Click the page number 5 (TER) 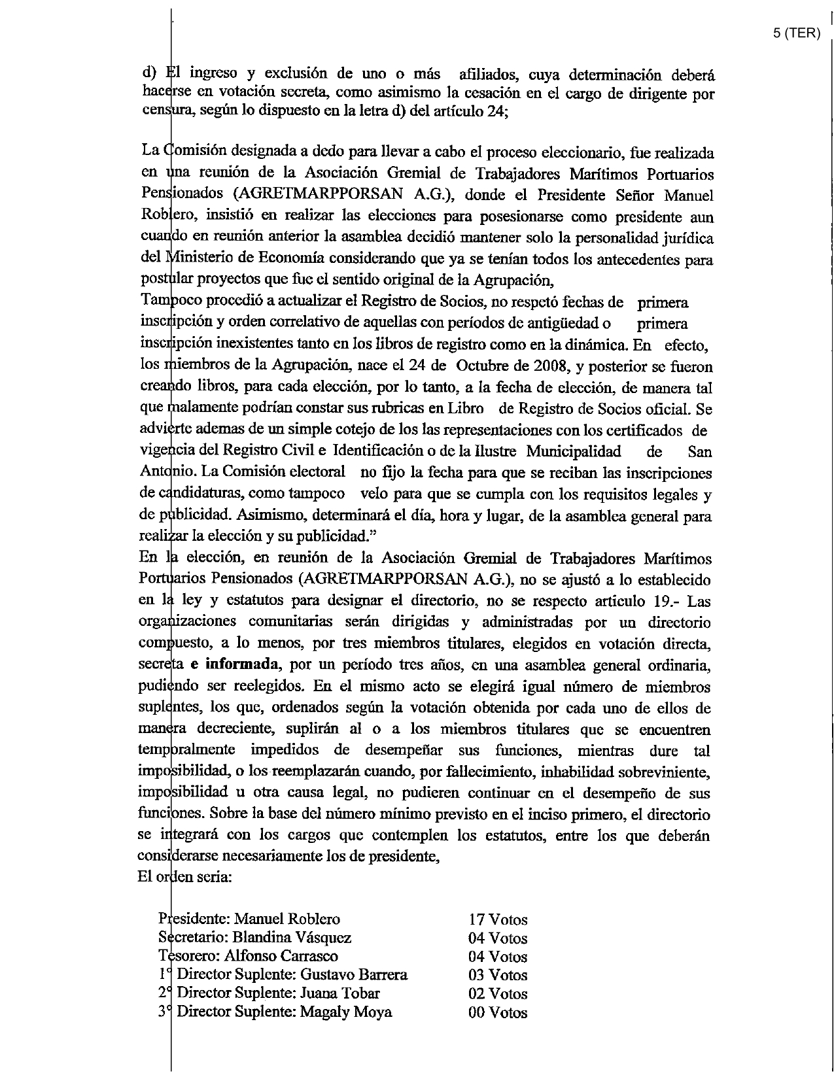(x=796, y=34)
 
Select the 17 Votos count (x=498, y=919)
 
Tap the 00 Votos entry (x=498, y=1013)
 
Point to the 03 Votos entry (x=498, y=975)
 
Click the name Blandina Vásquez (x=292, y=938)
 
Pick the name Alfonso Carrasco (x=281, y=956)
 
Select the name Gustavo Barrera (x=354, y=975)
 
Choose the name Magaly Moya (x=346, y=1012)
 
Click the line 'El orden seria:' (x=184, y=877)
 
